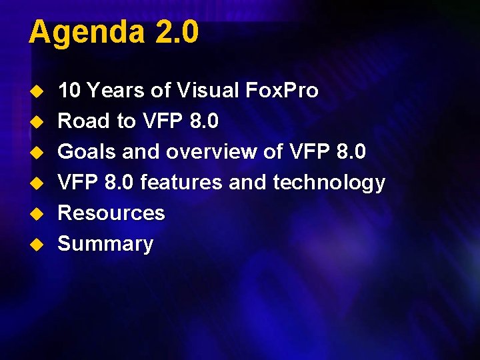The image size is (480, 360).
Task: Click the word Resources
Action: [x=111, y=213]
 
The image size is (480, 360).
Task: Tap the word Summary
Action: [x=105, y=244]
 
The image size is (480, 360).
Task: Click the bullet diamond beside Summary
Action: [x=39, y=244]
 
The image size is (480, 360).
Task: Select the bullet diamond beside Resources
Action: [x=39, y=213]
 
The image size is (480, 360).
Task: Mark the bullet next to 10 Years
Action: [x=39, y=91]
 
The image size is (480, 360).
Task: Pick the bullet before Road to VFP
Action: [x=39, y=121]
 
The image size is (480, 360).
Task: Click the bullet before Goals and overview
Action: [x=39, y=152]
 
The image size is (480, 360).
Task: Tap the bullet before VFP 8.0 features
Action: [x=39, y=183]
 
